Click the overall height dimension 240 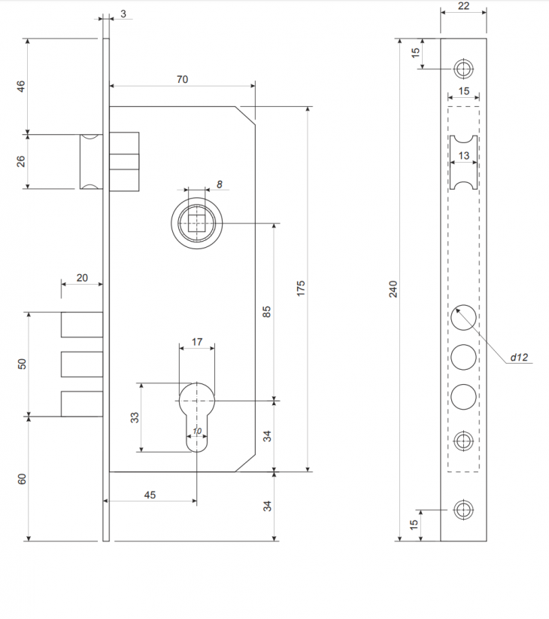[393, 289]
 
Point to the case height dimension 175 [300, 289]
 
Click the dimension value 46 [20, 86]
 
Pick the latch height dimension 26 [20, 161]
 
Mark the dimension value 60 [20, 478]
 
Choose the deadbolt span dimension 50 [22, 363]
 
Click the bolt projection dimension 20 [82, 278]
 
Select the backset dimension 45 [150, 495]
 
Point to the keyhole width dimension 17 [197, 342]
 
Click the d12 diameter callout [519, 358]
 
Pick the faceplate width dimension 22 [463, 6]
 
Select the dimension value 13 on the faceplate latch [463, 155]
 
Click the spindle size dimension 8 [219, 184]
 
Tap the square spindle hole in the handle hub [198, 224]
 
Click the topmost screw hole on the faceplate [463, 69]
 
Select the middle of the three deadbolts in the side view [81, 364]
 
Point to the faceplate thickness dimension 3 [122, 14]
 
